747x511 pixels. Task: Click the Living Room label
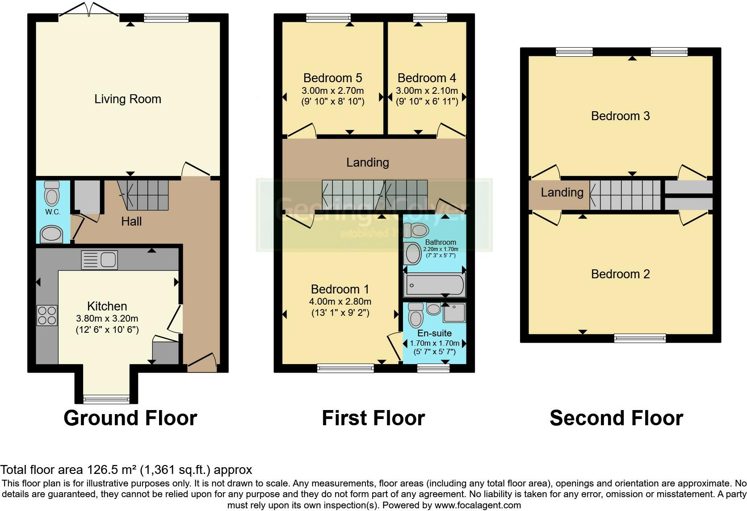coord(127,99)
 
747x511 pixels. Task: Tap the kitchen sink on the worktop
coord(99,260)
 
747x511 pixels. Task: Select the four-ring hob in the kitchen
coord(47,315)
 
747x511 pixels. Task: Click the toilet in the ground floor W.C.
coord(52,193)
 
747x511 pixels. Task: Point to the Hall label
coord(131,222)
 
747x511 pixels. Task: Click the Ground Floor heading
coord(130,418)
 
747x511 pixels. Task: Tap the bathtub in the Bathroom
coord(434,285)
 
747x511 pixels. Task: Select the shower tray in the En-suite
coord(454,313)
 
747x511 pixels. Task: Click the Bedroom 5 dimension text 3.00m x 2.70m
coord(332,91)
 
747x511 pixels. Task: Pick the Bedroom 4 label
coord(427,78)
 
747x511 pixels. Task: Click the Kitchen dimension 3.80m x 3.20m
coord(107,318)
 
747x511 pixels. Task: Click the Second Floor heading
coord(616,418)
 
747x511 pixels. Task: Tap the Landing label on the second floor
coord(562,193)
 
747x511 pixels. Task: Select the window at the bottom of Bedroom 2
coord(640,338)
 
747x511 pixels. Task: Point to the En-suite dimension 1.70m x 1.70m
coord(434,343)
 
